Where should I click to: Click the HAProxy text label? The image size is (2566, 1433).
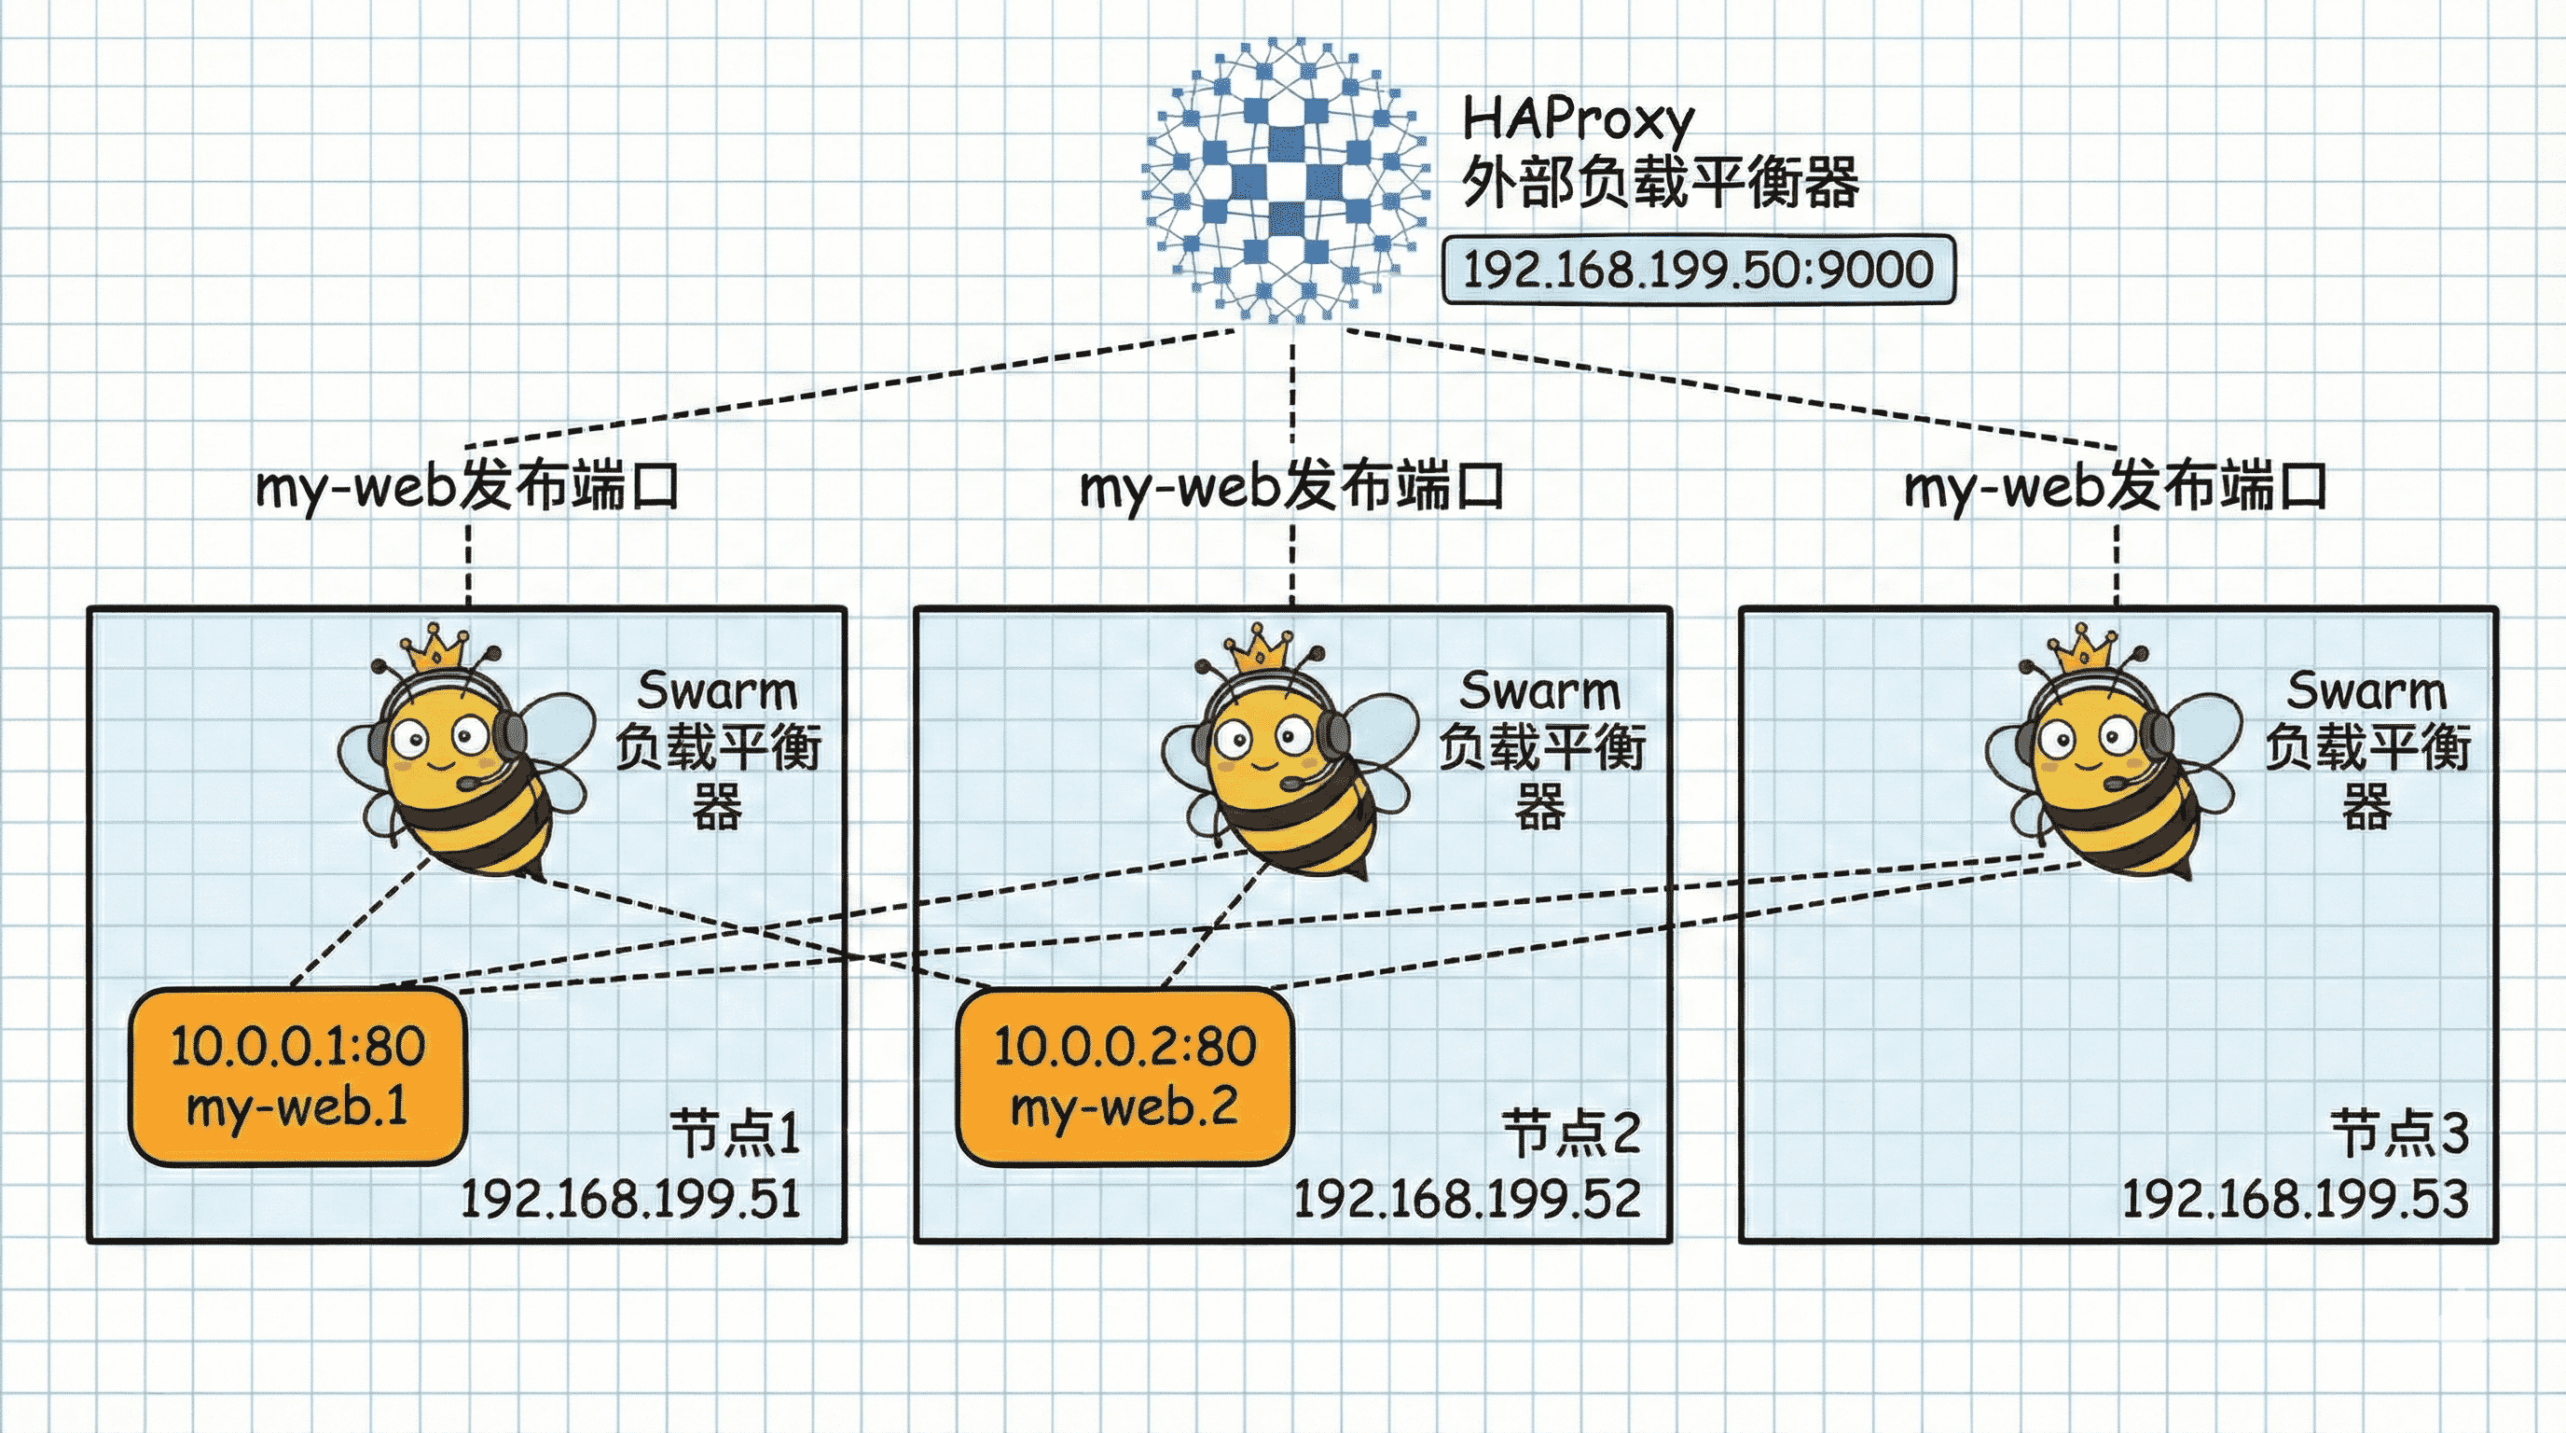point(1577,120)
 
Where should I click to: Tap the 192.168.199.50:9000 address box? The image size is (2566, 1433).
point(1698,269)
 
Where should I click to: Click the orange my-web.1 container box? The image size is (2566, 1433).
point(297,1077)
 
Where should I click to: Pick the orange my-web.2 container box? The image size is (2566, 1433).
point(1124,1077)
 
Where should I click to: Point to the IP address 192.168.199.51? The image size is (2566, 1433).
point(630,1198)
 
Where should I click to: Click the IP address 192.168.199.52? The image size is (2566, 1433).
point(1467,1198)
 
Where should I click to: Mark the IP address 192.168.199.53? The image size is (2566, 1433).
point(2295,1198)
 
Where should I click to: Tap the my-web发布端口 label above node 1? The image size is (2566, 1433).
point(467,487)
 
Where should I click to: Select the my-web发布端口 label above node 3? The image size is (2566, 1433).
point(2116,487)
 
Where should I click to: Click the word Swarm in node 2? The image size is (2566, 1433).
point(1540,690)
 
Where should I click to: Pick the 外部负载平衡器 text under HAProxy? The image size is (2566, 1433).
point(1660,184)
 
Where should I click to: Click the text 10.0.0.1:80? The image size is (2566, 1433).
point(297,1047)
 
